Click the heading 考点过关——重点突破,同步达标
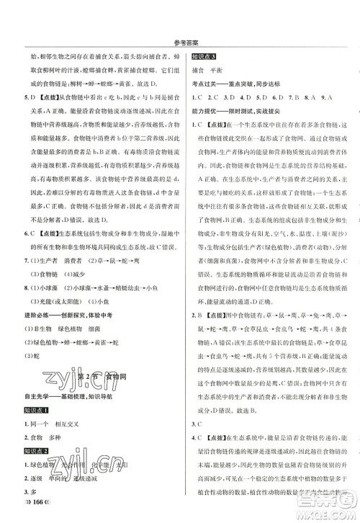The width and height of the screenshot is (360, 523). tap(248, 86)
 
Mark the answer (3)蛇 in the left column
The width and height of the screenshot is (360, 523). tap(30, 354)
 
